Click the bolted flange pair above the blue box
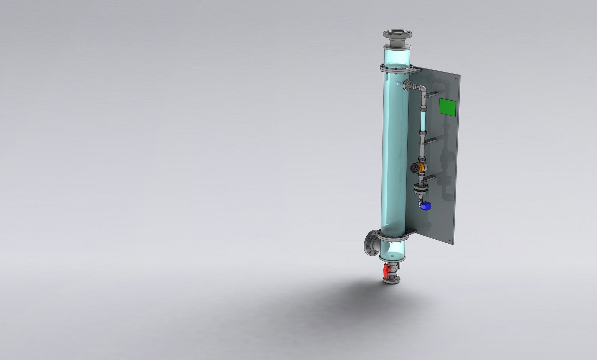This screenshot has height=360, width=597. coord(421,189)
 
